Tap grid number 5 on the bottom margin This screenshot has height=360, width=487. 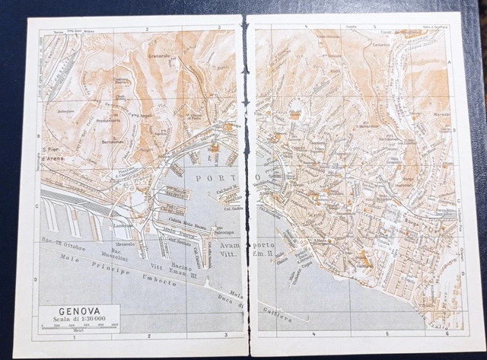click(x=387, y=333)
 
